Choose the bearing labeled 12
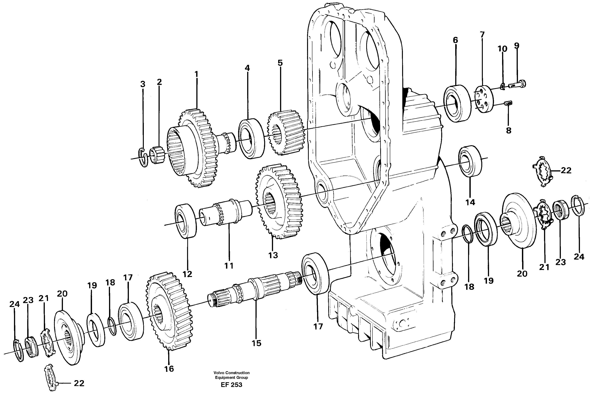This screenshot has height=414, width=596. click(x=186, y=221)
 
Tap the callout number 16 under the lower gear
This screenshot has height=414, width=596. click(x=169, y=369)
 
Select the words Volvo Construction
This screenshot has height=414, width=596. click(x=231, y=373)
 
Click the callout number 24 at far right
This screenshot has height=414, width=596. click(x=579, y=257)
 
